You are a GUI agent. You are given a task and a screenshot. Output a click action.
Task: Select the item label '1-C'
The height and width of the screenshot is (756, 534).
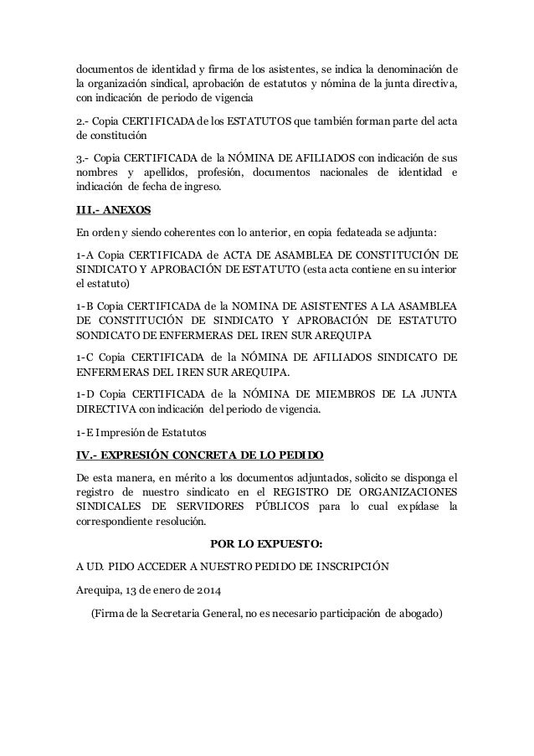click(x=85, y=357)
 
